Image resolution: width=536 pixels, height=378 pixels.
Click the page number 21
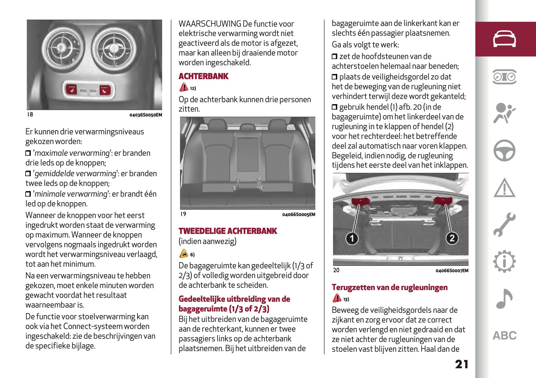coord(461,364)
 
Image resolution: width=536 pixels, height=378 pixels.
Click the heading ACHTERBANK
coord(203,76)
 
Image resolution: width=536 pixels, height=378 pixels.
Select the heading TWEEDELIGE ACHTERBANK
coord(228,231)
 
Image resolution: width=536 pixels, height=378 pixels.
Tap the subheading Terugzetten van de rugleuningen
coord(389,287)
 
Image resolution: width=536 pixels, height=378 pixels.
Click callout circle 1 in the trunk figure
coord(352,238)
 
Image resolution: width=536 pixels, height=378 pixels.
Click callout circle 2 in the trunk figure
coord(452,238)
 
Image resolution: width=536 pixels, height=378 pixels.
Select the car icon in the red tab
coord(504,39)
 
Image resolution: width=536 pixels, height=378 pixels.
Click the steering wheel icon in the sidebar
coord(504,150)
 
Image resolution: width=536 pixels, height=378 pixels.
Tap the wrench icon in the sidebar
coord(504,224)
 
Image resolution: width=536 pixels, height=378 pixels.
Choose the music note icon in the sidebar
coord(504,298)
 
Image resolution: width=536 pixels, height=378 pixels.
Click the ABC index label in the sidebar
coord(505,335)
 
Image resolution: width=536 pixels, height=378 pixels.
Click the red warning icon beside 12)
coord(184,87)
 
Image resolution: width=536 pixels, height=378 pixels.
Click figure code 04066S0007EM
coord(452,271)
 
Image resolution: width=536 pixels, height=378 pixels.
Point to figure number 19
coord(183,214)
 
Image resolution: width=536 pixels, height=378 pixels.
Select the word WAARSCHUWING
coord(210,24)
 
